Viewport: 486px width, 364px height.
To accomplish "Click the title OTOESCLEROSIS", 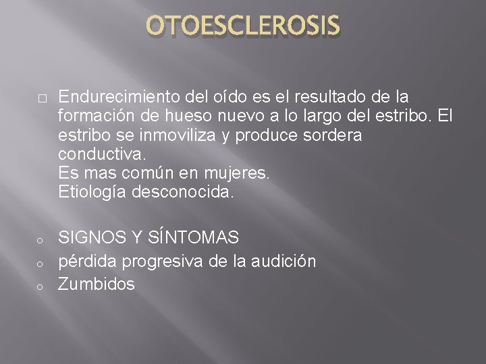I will click(243, 26).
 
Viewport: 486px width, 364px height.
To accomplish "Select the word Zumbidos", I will click(97, 284).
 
